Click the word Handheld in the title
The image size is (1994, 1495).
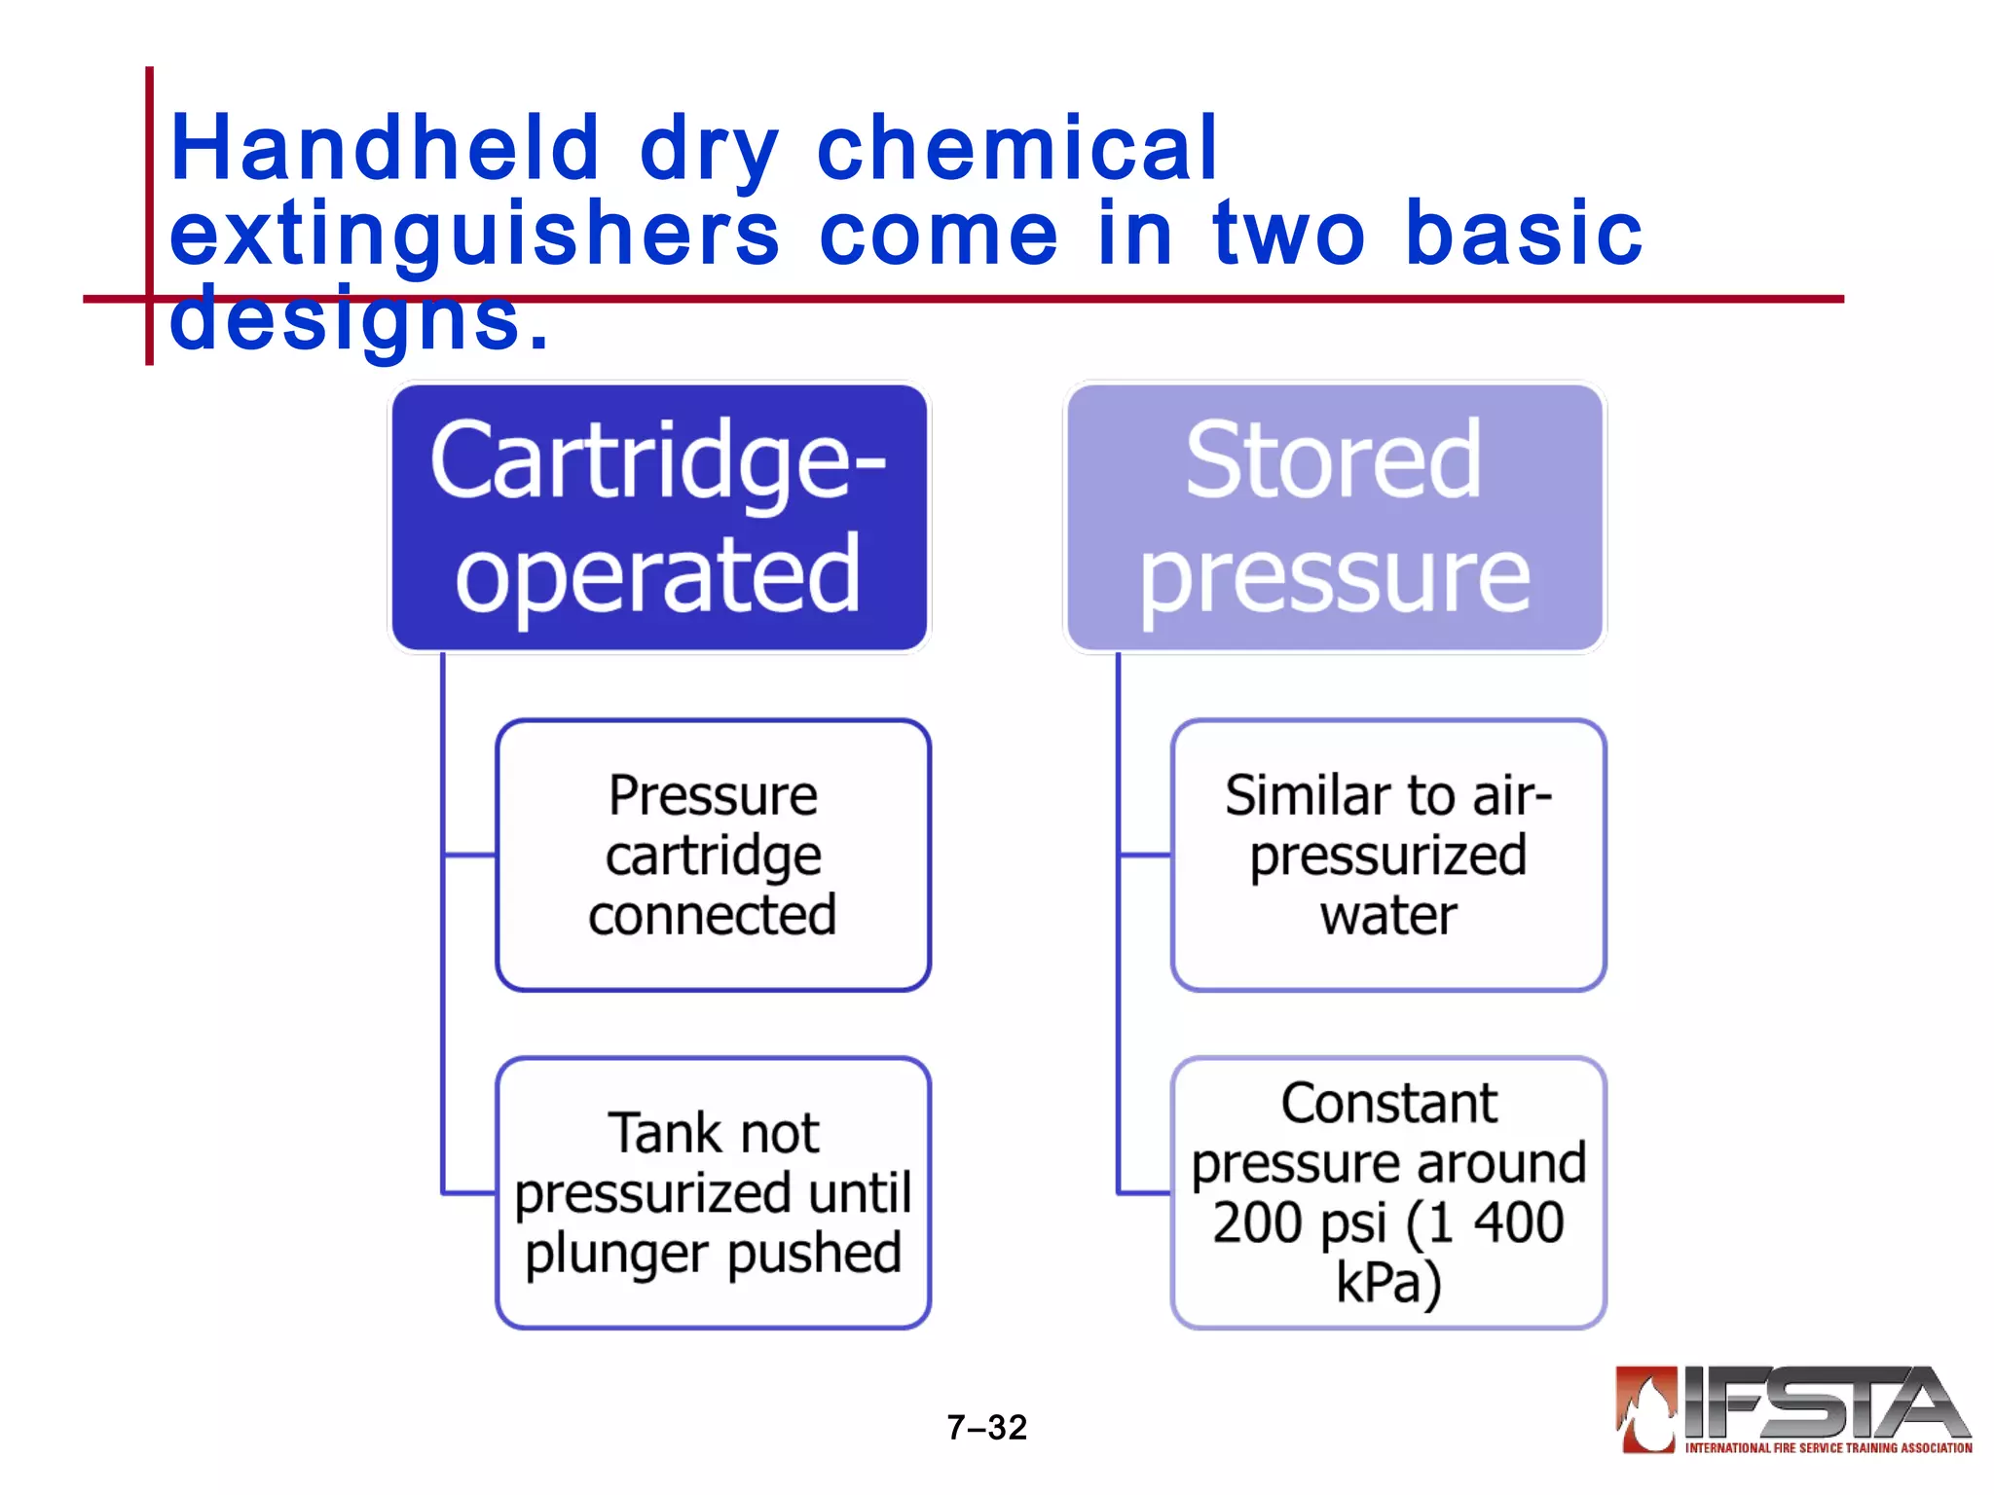385,148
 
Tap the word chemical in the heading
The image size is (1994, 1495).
1017,148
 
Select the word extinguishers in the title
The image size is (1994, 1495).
474,234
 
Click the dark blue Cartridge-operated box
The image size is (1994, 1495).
659,518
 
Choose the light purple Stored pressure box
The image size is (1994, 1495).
1334,518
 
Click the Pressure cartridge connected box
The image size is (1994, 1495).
713,856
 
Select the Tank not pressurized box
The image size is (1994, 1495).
713,1192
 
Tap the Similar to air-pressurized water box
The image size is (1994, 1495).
1387,856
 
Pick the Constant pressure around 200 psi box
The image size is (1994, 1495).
1387,1192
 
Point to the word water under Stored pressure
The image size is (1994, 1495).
1388,916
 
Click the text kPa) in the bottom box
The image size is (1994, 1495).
1388,1283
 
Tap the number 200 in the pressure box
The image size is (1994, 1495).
1256,1223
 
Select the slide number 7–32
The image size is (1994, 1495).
986,1428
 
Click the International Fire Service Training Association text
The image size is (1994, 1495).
1828,1448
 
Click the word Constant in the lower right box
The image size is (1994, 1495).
1388,1104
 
